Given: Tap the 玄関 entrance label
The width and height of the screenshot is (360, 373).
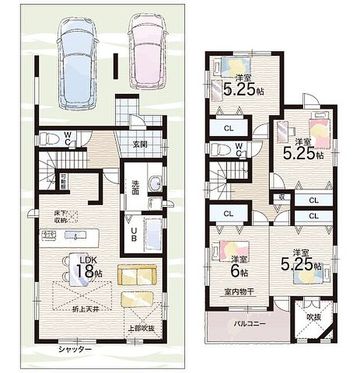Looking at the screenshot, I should pyautogui.click(x=139, y=145).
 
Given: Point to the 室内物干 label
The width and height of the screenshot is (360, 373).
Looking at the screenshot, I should pyautogui.click(x=237, y=292).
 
